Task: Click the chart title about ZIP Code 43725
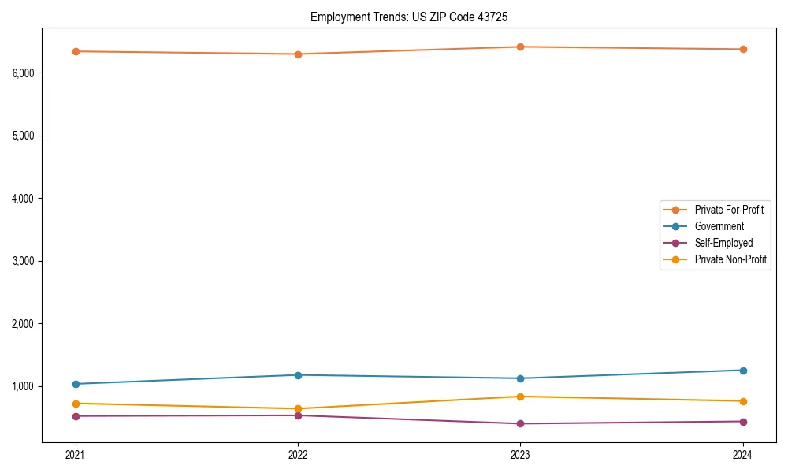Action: (x=414, y=17)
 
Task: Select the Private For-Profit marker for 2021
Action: (x=76, y=51)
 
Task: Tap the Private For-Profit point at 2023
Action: (x=521, y=47)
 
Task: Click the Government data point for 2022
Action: (x=298, y=375)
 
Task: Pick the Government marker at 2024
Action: (x=743, y=371)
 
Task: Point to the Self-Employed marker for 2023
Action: (x=521, y=424)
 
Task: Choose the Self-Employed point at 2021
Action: (x=76, y=416)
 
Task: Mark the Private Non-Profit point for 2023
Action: (x=521, y=397)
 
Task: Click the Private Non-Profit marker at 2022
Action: (x=298, y=409)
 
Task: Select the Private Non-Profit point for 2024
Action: (x=743, y=401)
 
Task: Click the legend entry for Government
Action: (x=719, y=226)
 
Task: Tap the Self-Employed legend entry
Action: (x=723, y=243)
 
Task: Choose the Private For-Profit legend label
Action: (x=729, y=210)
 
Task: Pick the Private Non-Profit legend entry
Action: (x=730, y=259)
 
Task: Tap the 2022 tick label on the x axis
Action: (x=298, y=455)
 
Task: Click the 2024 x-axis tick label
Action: (x=743, y=455)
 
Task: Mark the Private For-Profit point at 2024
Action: (x=743, y=49)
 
